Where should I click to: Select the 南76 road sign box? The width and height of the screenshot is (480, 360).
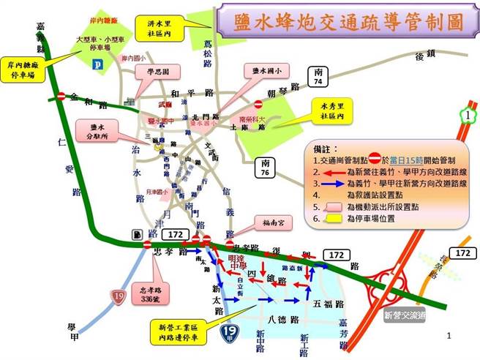click(265, 168)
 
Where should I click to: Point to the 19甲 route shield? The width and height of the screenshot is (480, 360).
click(228, 334)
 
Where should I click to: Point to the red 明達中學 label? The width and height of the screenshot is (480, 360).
click(233, 261)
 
